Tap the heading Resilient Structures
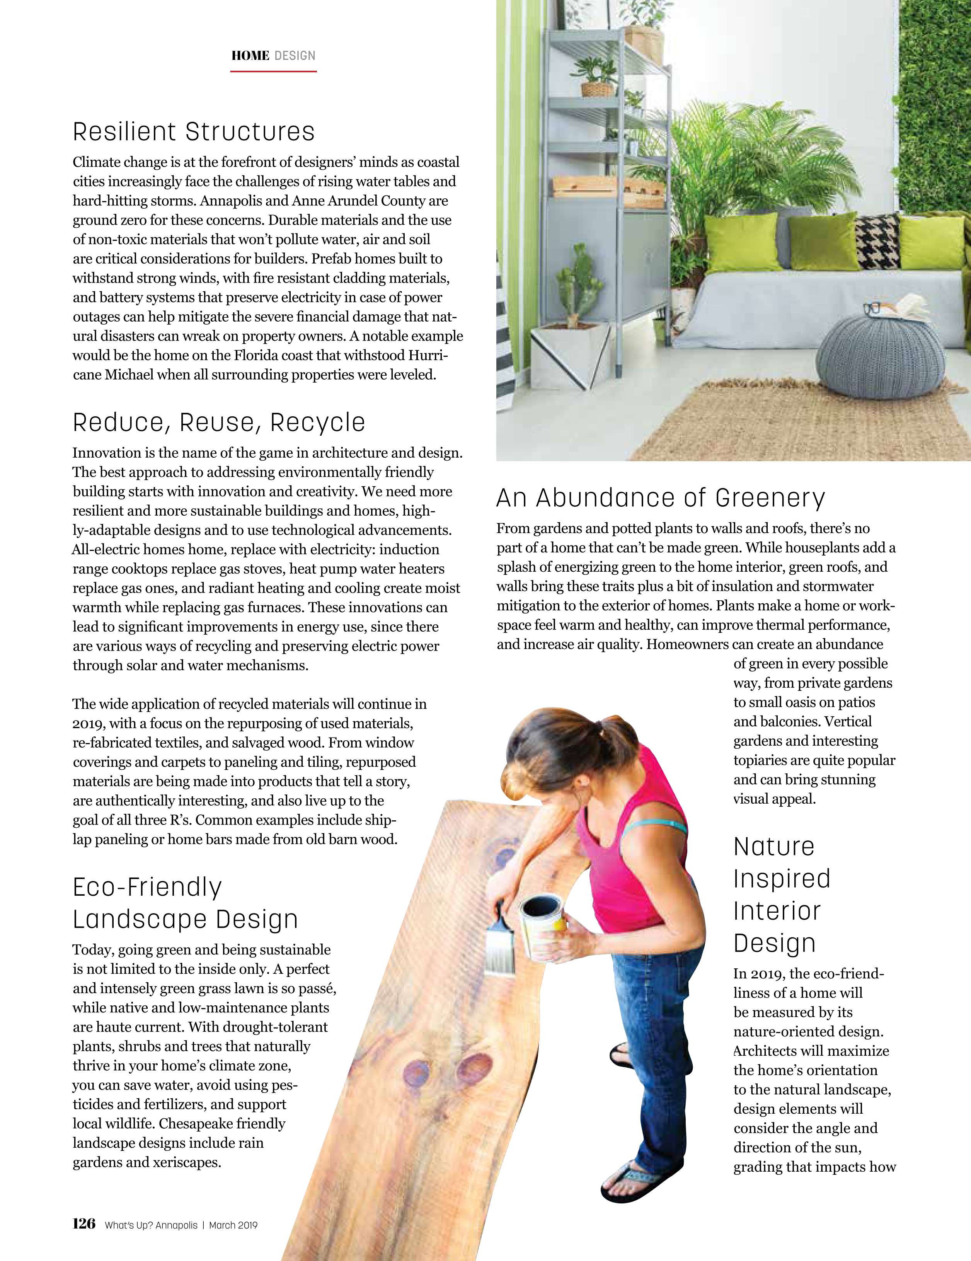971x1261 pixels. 193,132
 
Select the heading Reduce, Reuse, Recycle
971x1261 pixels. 219,423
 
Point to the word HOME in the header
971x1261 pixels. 250,56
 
